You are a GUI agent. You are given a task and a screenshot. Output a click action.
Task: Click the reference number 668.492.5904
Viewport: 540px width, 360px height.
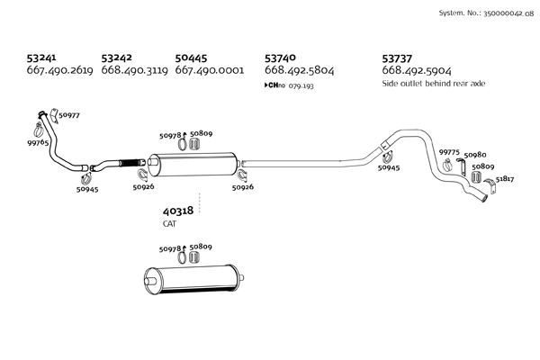pos(417,70)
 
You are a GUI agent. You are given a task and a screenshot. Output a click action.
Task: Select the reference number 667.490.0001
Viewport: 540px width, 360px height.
pos(210,70)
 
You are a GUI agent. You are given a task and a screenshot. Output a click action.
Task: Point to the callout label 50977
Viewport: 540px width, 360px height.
pos(69,115)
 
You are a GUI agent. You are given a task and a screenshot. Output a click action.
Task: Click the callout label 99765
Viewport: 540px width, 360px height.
pos(38,143)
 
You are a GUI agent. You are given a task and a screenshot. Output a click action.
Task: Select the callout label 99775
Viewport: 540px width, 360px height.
pos(449,152)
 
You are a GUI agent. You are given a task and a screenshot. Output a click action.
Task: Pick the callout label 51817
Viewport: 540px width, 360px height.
pos(505,179)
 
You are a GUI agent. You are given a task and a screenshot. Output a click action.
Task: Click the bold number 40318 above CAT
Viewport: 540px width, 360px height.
pos(178,211)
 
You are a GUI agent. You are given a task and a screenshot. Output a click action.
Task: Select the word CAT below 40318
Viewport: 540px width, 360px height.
pos(171,223)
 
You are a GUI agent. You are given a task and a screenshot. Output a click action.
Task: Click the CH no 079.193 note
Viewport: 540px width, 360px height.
pos(289,85)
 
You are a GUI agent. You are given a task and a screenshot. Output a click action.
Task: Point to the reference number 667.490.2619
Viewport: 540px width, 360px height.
pos(61,70)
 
